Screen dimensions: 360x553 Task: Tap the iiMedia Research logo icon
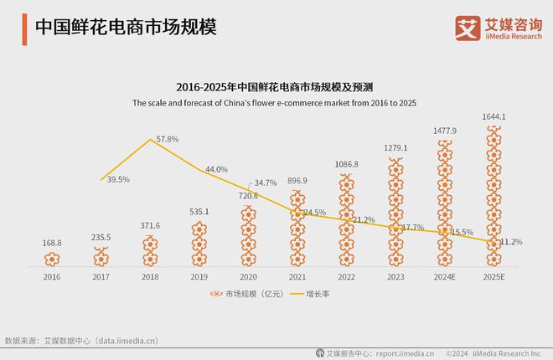click(x=467, y=27)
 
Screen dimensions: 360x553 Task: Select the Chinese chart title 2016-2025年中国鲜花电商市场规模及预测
click(x=276, y=86)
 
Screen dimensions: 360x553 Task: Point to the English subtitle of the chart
click(x=275, y=103)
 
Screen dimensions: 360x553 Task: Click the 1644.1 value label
click(x=494, y=116)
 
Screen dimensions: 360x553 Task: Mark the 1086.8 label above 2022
click(x=345, y=165)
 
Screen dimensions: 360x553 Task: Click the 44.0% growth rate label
click(x=216, y=169)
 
